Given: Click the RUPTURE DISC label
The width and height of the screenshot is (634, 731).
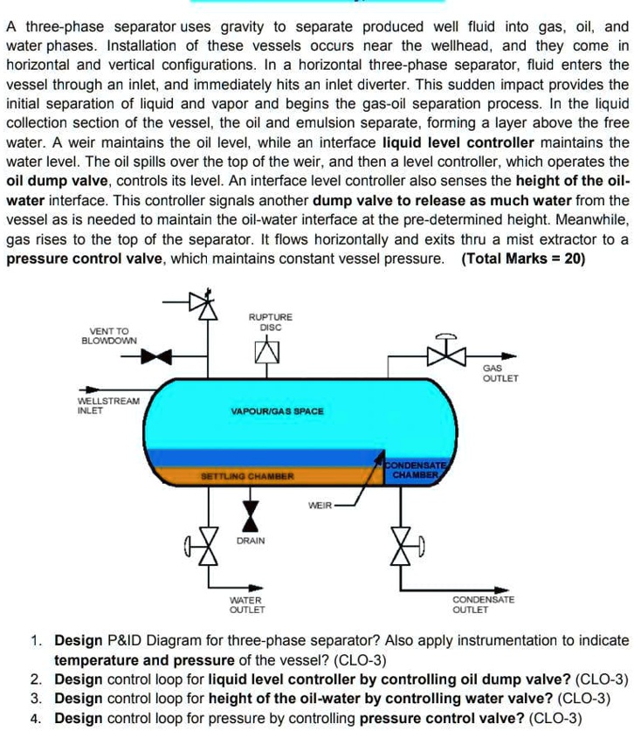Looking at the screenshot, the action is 270,321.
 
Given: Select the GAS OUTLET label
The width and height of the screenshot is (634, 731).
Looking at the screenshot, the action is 500,374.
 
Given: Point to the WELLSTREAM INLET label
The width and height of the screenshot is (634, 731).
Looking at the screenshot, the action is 108,405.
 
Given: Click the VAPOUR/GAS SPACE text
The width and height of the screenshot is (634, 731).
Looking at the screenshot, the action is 277,410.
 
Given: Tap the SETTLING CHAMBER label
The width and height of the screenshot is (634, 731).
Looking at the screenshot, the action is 248,477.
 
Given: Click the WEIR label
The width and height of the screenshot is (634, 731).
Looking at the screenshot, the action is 320,505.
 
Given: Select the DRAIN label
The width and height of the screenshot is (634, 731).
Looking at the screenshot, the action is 251,541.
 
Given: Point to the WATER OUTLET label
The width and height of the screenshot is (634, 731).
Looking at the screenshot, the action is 246,604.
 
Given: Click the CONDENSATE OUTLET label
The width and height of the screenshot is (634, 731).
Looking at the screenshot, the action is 483,604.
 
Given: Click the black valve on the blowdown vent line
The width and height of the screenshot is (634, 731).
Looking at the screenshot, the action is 157,355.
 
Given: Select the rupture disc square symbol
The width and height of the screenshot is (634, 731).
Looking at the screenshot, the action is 267,352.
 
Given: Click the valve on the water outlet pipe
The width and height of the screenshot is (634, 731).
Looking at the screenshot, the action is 207,548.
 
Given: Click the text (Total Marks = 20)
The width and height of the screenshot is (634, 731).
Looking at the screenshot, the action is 524,259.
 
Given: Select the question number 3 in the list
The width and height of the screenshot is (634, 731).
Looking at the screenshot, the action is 36,698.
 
